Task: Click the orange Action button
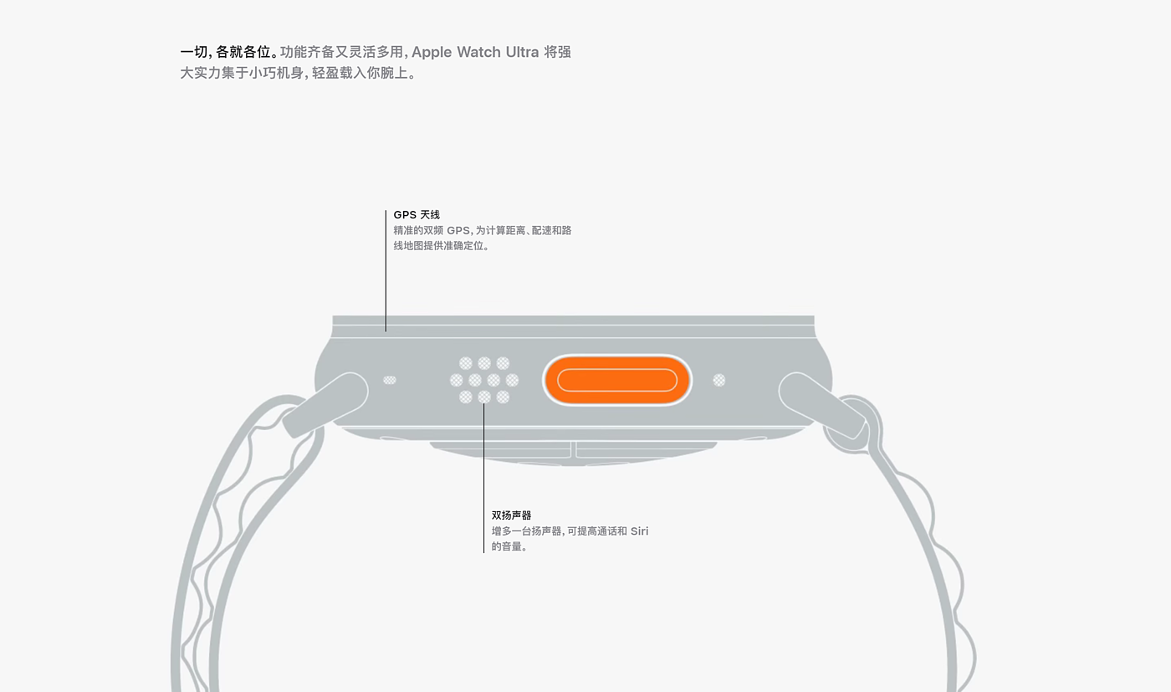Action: coord(617,380)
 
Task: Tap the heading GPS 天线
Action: coord(417,215)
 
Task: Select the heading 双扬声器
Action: coord(511,515)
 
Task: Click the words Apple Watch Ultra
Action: coord(475,52)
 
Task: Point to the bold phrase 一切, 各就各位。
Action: coord(228,52)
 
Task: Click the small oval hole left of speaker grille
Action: coord(390,380)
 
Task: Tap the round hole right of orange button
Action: coord(719,380)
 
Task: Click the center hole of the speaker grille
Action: coord(484,380)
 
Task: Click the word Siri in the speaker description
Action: coord(639,531)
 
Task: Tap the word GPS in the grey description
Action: coord(458,230)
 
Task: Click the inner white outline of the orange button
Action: coord(617,369)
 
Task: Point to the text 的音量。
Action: coord(509,547)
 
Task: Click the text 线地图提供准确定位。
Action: coord(441,246)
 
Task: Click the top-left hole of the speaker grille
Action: coord(466,363)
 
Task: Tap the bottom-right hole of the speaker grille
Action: coord(503,397)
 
